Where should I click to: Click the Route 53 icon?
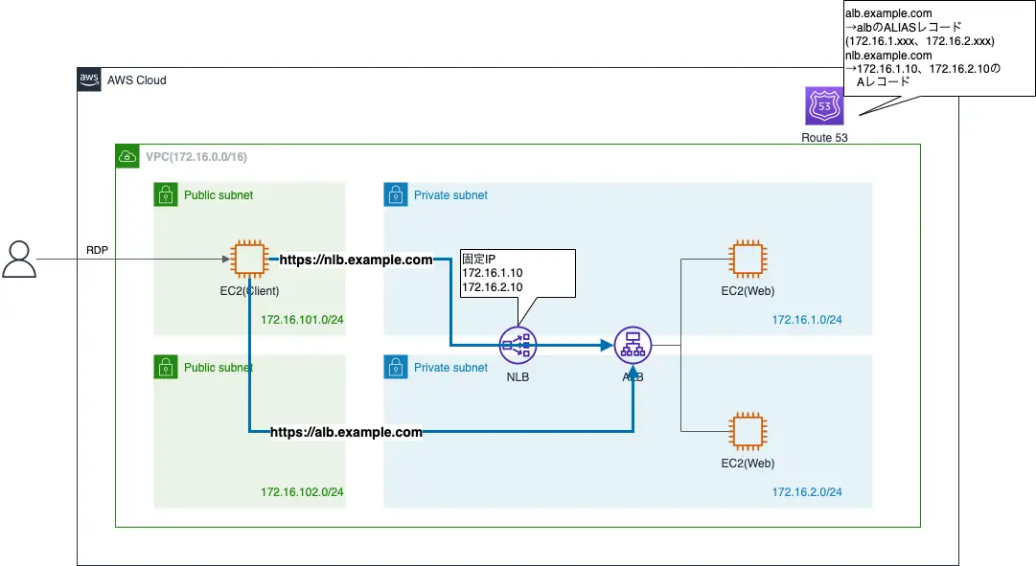point(824,106)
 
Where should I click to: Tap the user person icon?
point(18,259)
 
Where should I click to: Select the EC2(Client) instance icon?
point(248,259)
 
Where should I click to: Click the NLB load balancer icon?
point(518,345)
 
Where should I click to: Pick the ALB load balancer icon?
point(633,345)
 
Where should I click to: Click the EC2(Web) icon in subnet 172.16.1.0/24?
point(748,259)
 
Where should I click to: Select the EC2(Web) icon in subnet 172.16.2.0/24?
point(748,431)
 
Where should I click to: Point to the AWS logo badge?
point(89,79)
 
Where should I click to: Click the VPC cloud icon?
point(127,156)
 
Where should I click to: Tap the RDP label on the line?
point(98,249)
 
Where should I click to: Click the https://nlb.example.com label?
point(356,260)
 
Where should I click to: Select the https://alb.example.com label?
point(346,432)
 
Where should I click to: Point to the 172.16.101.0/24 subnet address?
point(302,319)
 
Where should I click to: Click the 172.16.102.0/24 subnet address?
point(302,492)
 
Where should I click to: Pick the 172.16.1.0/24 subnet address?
point(807,319)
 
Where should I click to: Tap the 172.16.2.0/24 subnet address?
point(807,492)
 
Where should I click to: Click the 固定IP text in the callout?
point(479,259)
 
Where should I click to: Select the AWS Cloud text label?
point(136,80)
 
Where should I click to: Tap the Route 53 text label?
point(824,138)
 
